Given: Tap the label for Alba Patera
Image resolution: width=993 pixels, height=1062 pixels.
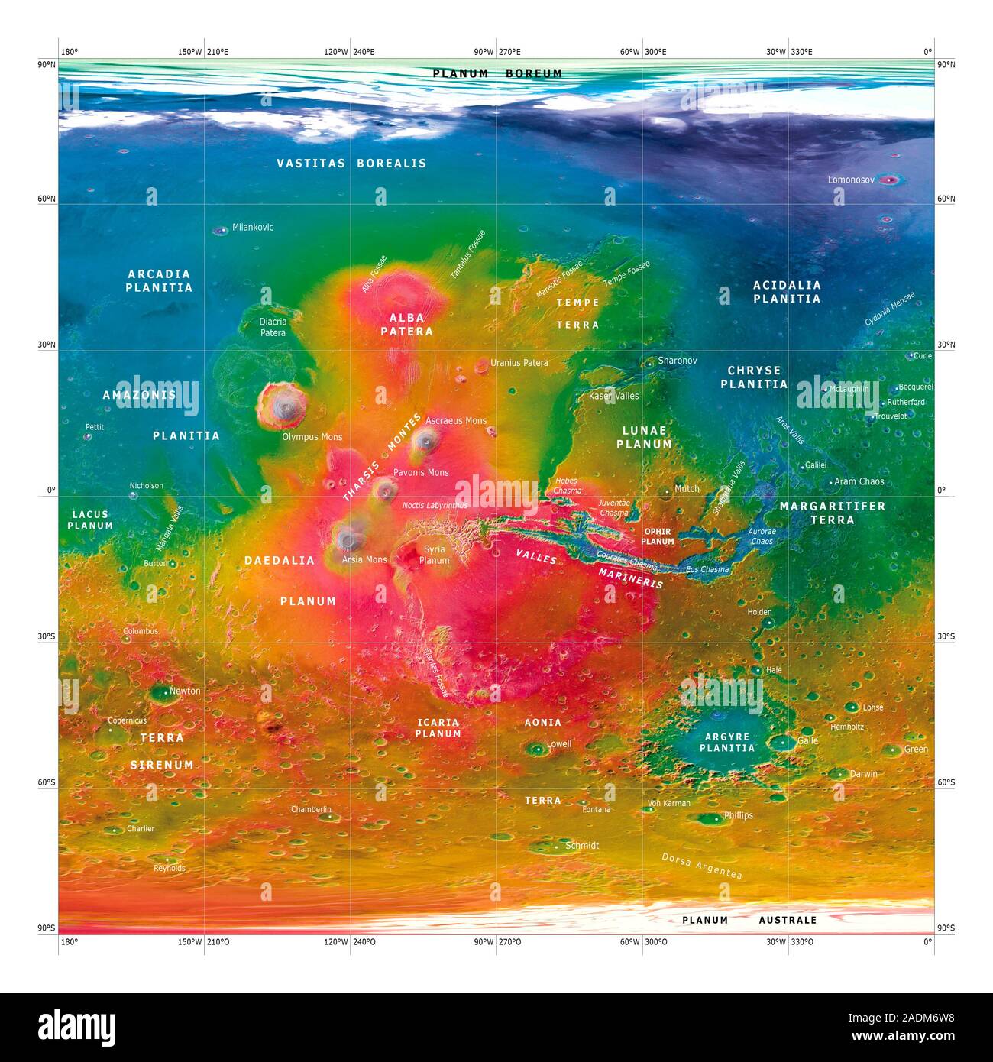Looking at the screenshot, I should pyautogui.click(x=406, y=325).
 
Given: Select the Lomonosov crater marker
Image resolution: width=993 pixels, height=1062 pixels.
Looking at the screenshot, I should pyautogui.click(x=888, y=180).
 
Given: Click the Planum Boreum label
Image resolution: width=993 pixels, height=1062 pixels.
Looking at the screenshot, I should pyautogui.click(x=497, y=73).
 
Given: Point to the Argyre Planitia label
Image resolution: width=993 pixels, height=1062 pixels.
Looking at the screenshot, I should pyautogui.click(x=726, y=743).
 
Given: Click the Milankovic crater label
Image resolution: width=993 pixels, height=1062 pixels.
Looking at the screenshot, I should pyautogui.click(x=252, y=228).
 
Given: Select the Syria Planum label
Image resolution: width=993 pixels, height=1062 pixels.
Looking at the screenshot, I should pyautogui.click(x=434, y=555).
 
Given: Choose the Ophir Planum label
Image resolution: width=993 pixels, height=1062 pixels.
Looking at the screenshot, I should pyautogui.click(x=657, y=536).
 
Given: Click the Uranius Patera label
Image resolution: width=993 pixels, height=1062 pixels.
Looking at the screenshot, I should pyautogui.click(x=519, y=363).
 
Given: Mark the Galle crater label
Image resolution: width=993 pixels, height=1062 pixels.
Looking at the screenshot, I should pyautogui.click(x=807, y=740).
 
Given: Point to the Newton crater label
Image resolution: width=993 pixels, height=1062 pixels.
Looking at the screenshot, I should pyautogui.click(x=184, y=691).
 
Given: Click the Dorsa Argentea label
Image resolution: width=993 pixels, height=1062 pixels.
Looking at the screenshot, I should pyautogui.click(x=701, y=866).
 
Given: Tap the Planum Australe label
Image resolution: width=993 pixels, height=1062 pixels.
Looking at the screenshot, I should pyautogui.click(x=749, y=920).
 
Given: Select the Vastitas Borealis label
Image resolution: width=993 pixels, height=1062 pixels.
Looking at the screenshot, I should pyautogui.click(x=351, y=163).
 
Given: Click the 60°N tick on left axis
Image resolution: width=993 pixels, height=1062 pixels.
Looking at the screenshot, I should pyautogui.click(x=47, y=199).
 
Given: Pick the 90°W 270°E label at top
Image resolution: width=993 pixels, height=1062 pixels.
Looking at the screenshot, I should pyautogui.click(x=496, y=52).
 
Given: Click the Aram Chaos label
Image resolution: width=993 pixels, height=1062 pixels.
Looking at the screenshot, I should pyautogui.click(x=859, y=481).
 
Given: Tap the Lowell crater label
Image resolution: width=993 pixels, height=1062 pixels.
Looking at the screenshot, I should pyautogui.click(x=558, y=743).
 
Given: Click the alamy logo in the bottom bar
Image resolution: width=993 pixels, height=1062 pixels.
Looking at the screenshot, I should pyautogui.click(x=76, y=1028).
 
